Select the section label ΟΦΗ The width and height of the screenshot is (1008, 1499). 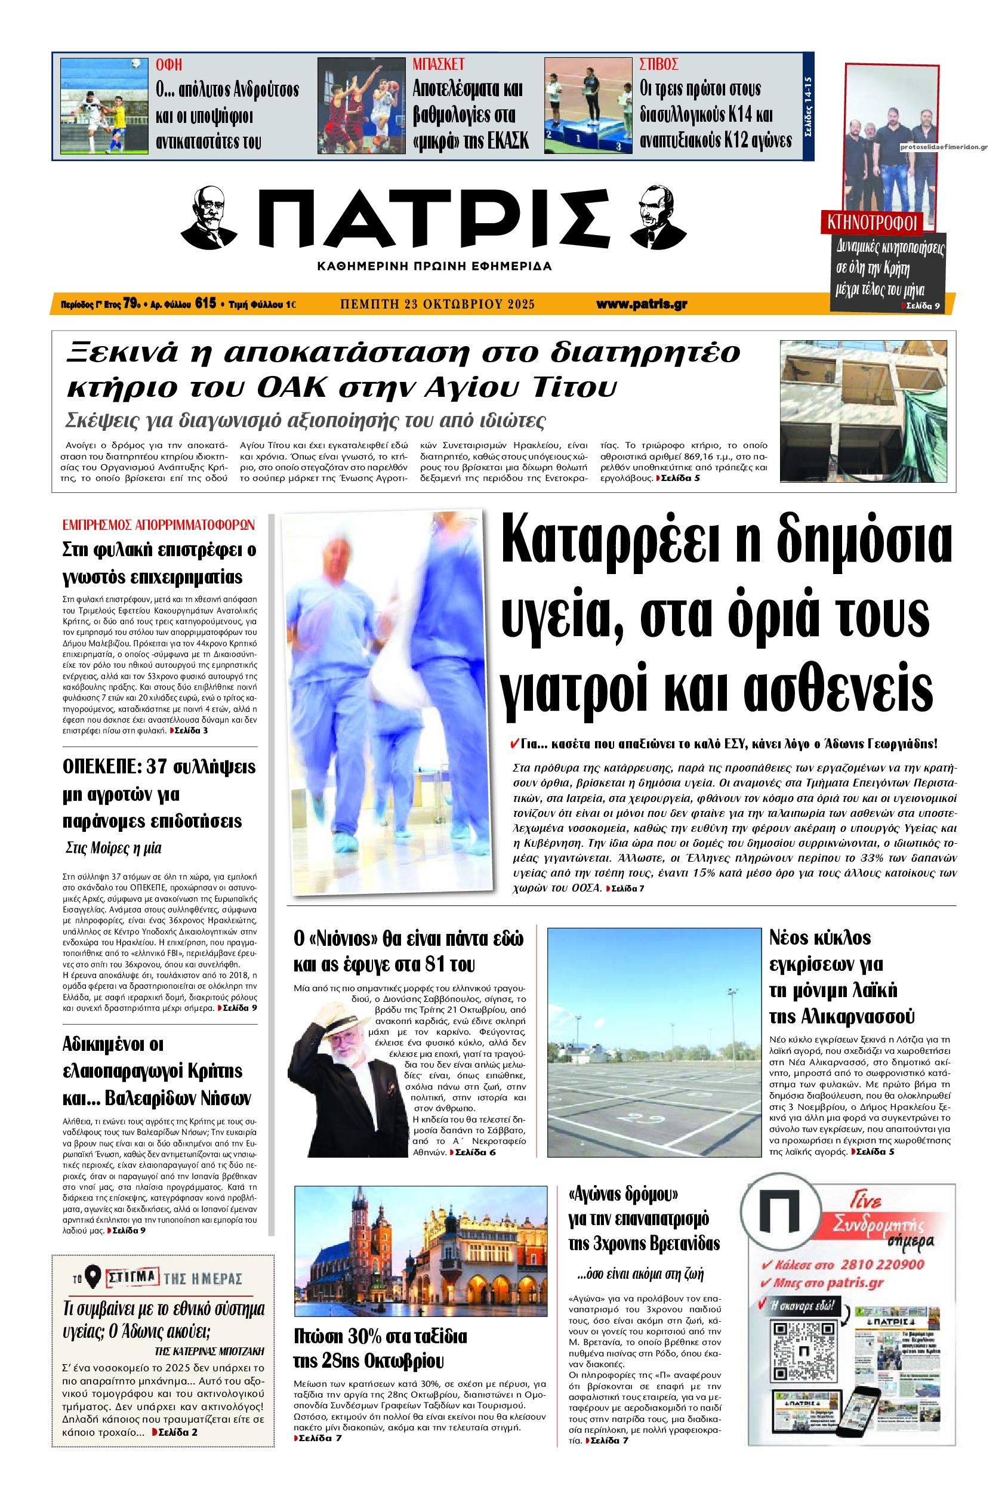point(169,64)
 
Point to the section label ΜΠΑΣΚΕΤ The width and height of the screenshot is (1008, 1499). point(438,64)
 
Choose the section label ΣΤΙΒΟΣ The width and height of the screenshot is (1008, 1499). point(659,64)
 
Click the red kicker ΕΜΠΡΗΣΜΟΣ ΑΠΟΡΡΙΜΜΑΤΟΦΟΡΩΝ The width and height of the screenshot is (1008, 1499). point(158,525)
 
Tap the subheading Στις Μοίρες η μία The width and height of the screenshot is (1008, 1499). point(115,849)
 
